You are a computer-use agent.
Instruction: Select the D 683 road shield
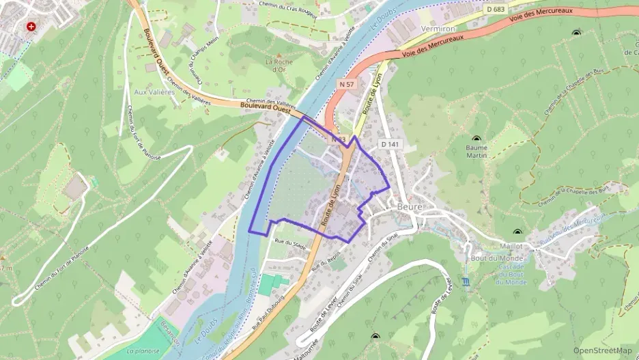497,9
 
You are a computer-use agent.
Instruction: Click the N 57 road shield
347,84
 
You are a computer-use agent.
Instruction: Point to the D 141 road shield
390,144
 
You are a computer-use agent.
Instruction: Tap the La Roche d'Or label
279,66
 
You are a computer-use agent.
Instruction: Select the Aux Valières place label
151,92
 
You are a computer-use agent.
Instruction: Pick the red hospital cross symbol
31,27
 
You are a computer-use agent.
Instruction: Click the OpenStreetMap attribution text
603,350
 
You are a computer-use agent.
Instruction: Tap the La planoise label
143,351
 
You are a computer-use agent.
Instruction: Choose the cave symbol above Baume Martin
477,139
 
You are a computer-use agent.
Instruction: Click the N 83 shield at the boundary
336,139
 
